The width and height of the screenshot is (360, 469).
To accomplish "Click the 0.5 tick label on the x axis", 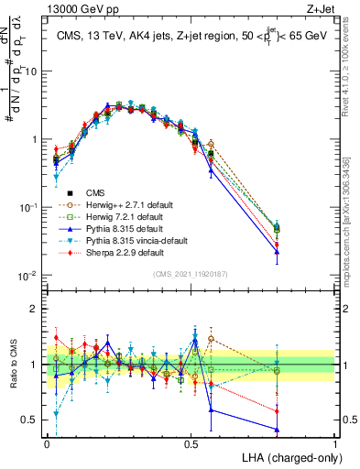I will pyautogui.click(x=191, y=442).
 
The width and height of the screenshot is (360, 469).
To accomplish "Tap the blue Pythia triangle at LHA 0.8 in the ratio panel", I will pyautogui.click(x=277, y=430).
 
